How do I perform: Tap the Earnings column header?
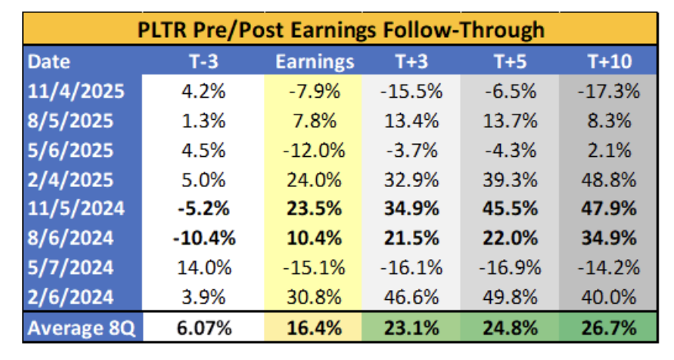click(314, 61)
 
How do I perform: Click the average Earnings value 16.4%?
click(314, 328)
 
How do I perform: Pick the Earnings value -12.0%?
click(314, 150)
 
